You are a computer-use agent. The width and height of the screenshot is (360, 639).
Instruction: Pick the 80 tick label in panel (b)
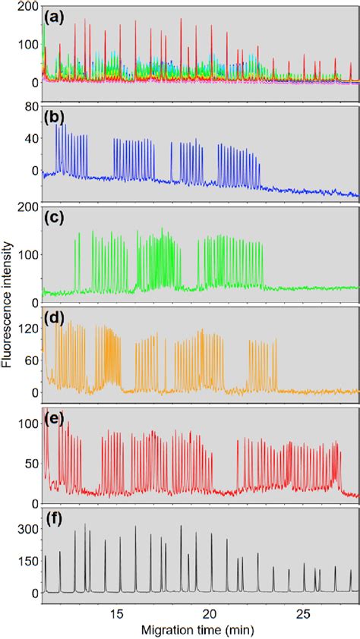(x=30, y=107)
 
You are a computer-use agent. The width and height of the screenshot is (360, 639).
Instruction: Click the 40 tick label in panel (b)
(x=30, y=139)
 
